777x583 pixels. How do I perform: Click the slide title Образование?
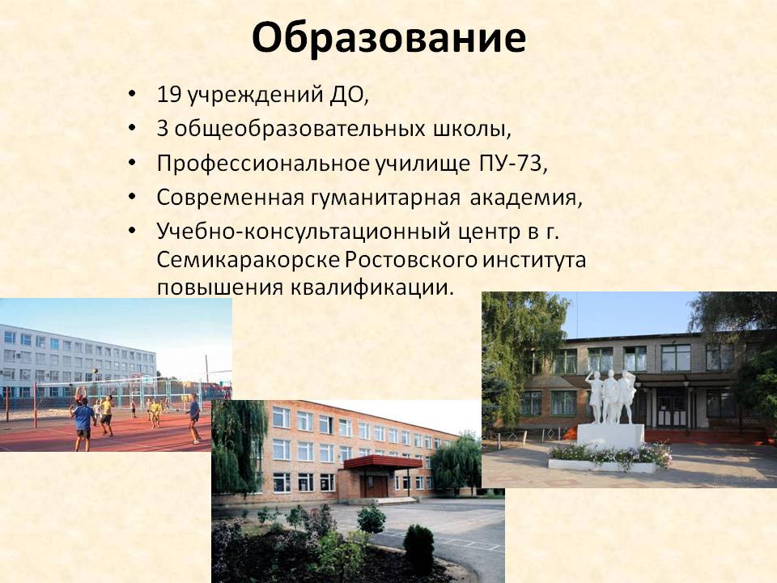point(388,39)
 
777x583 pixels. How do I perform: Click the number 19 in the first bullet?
point(168,95)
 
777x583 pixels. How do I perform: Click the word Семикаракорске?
point(248,260)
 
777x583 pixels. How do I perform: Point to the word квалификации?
point(372,288)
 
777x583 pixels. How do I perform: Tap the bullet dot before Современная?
point(131,197)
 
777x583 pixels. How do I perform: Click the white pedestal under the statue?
point(610,436)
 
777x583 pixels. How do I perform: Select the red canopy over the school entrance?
point(383,462)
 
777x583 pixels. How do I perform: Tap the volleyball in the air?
point(95,370)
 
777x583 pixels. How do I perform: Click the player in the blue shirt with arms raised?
point(83,419)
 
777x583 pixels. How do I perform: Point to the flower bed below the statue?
point(609,456)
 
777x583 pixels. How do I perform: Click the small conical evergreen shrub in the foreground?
point(418,549)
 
